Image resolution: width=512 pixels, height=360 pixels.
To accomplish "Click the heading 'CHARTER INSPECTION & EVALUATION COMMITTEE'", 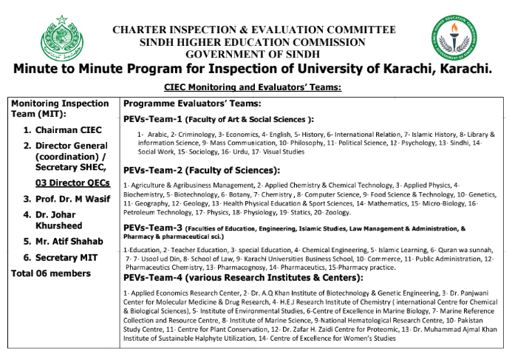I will pyautogui.click(x=253, y=30).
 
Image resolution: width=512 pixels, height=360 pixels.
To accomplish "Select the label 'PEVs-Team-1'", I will pyautogui.click(x=152, y=119).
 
